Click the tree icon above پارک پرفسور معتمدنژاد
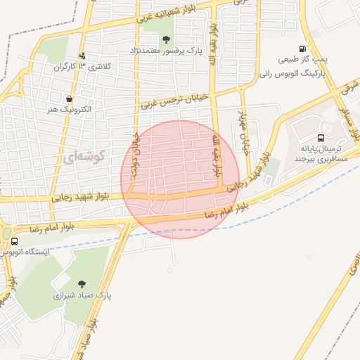[166, 39]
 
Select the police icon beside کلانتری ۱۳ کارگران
[82, 56]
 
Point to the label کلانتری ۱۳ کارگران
[73, 67]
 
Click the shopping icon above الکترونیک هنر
[70, 99]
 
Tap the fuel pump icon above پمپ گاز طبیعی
[302, 49]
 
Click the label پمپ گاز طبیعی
[304, 61]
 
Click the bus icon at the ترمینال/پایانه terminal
[321, 138]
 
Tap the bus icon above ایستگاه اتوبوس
[14, 240]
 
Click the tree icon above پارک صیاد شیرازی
[82, 284]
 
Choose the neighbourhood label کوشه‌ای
[82, 157]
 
